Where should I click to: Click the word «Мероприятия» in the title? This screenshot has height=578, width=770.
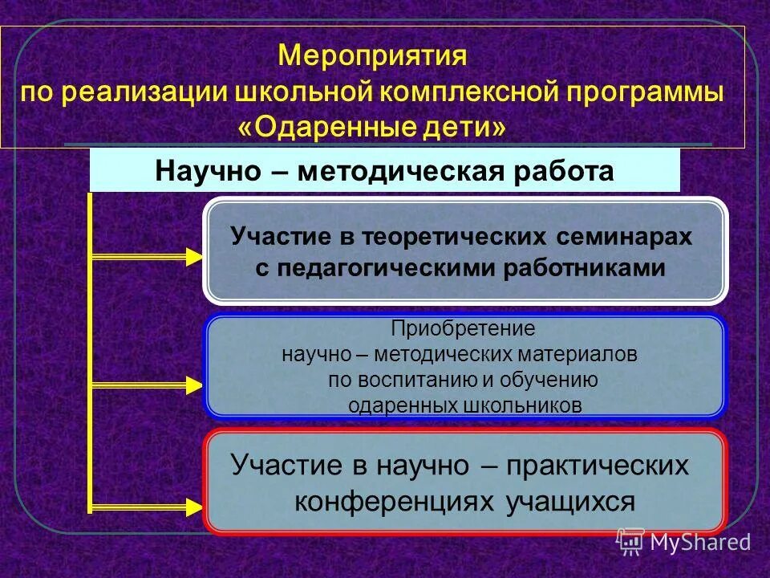click(x=372, y=57)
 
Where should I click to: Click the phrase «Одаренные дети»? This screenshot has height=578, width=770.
click(x=372, y=127)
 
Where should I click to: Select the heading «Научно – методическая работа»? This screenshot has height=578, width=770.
click(x=384, y=172)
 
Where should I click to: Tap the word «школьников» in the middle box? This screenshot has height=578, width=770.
click(x=522, y=405)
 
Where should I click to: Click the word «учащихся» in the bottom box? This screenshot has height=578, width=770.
click(x=570, y=501)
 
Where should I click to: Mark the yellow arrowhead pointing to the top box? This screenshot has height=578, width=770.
click(x=194, y=257)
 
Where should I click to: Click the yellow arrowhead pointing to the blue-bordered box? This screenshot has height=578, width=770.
click(x=194, y=385)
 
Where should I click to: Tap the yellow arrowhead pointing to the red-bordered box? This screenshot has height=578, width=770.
click(x=194, y=507)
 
